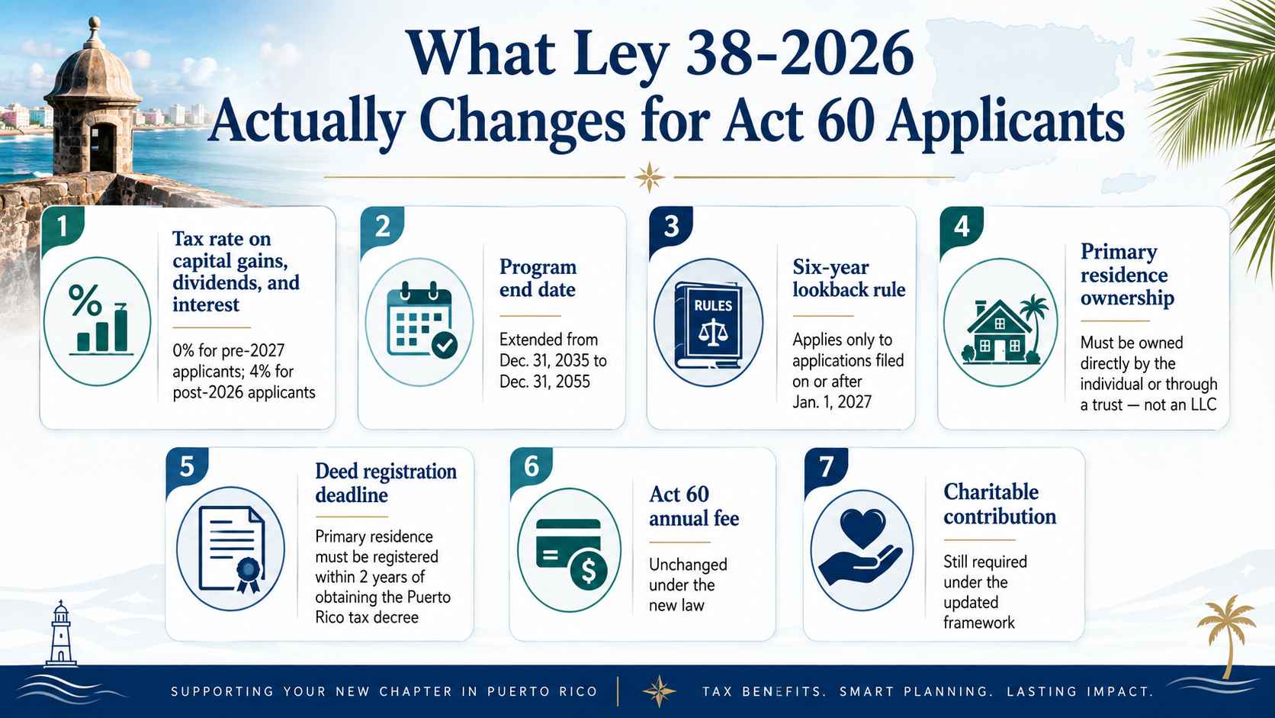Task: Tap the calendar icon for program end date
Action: click(422, 322)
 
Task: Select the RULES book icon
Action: click(708, 325)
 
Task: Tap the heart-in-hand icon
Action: click(861, 546)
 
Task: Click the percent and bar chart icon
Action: click(98, 321)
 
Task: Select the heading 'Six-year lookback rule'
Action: click(849, 278)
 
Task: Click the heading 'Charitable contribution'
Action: click(1000, 504)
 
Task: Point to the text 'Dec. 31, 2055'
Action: click(544, 381)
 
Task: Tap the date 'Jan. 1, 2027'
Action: click(832, 402)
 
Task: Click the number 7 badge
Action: click(826, 468)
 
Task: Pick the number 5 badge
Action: click(187, 468)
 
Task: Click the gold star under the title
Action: click(649, 177)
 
